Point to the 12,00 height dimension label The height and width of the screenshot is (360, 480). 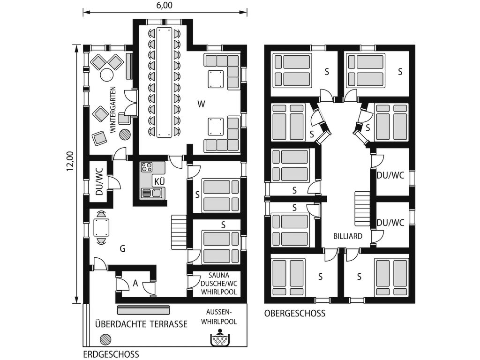70,161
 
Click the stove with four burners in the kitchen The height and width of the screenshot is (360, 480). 147,167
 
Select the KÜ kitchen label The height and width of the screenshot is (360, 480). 158,181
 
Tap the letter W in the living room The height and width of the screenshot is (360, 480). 201,104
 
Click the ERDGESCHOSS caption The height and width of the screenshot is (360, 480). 111,354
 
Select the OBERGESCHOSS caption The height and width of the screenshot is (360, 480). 294,314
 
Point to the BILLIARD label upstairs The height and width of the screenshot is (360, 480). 348,236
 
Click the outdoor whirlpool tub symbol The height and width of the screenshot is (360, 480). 219,338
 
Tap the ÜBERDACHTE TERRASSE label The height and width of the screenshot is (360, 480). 141,324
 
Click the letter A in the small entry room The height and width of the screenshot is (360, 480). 135,283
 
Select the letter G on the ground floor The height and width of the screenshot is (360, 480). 122,249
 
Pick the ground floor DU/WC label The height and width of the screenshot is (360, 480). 99,182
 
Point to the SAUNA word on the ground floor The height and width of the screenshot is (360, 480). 218,276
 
